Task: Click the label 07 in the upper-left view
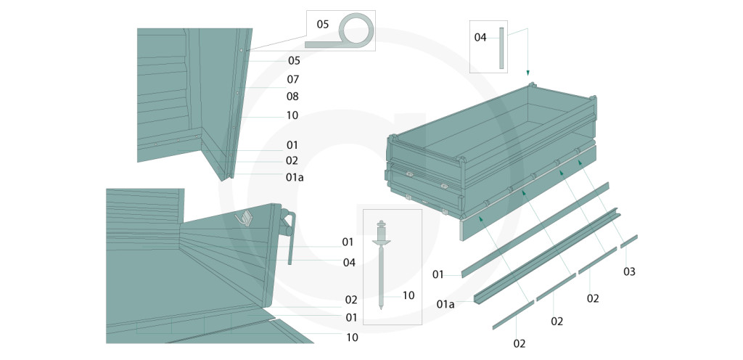pos(293,78)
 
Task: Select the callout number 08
pos(292,96)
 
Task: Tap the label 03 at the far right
pos(629,271)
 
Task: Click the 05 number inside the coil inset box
pos(323,25)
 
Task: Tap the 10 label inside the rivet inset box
pos(408,295)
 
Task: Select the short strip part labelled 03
pos(628,241)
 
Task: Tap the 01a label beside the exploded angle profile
pos(446,303)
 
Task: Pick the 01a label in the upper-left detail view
pos(295,176)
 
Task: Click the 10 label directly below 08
pos(292,115)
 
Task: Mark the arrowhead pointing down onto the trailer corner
pos(528,73)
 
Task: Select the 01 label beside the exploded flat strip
pos(438,274)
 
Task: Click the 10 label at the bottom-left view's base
pos(352,337)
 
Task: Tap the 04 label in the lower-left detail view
pos(349,262)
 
